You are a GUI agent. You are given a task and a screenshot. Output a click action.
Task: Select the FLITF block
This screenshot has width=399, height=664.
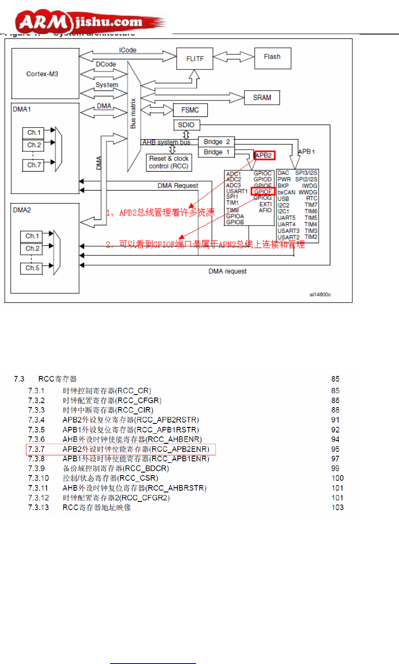(x=195, y=59)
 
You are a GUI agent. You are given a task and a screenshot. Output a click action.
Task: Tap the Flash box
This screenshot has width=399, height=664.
(x=272, y=57)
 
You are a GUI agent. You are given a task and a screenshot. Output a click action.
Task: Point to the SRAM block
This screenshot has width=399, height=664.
(x=262, y=97)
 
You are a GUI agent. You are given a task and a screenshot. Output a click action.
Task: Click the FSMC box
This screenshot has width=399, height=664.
(x=190, y=110)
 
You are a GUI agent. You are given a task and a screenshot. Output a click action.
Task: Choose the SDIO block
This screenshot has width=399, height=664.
(x=186, y=125)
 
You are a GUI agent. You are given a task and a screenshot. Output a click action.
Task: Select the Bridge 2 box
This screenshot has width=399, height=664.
(x=216, y=142)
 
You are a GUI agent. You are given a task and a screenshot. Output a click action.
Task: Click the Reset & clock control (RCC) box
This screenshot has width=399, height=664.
(x=169, y=163)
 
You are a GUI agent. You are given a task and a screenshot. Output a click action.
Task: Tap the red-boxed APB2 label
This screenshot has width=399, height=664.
(x=264, y=155)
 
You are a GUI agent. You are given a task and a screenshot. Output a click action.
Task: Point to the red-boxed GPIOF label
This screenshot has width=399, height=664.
(x=263, y=191)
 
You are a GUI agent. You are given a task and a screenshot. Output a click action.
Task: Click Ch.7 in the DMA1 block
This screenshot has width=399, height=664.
(x=34, y=165)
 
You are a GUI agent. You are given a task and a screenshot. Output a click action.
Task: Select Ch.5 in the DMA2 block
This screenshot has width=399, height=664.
(x=32, y=268)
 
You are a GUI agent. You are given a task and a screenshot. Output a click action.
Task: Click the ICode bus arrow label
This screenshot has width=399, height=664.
(x=127, y=50)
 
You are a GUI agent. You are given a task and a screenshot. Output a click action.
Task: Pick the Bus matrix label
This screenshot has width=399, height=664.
(x=133, y=113)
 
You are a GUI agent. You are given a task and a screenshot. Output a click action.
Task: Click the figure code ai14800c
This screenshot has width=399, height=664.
(x=320, y=294)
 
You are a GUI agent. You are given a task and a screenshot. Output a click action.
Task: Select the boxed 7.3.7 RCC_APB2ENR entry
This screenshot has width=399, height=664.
(x=120, y=449)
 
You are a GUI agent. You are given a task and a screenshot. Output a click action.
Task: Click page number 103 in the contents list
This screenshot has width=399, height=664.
(x=337, y=507)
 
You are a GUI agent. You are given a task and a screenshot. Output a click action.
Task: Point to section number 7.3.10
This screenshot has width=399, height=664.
(x=38, y=478)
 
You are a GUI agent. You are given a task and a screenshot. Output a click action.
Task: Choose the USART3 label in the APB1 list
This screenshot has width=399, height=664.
(x=288, y=231)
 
